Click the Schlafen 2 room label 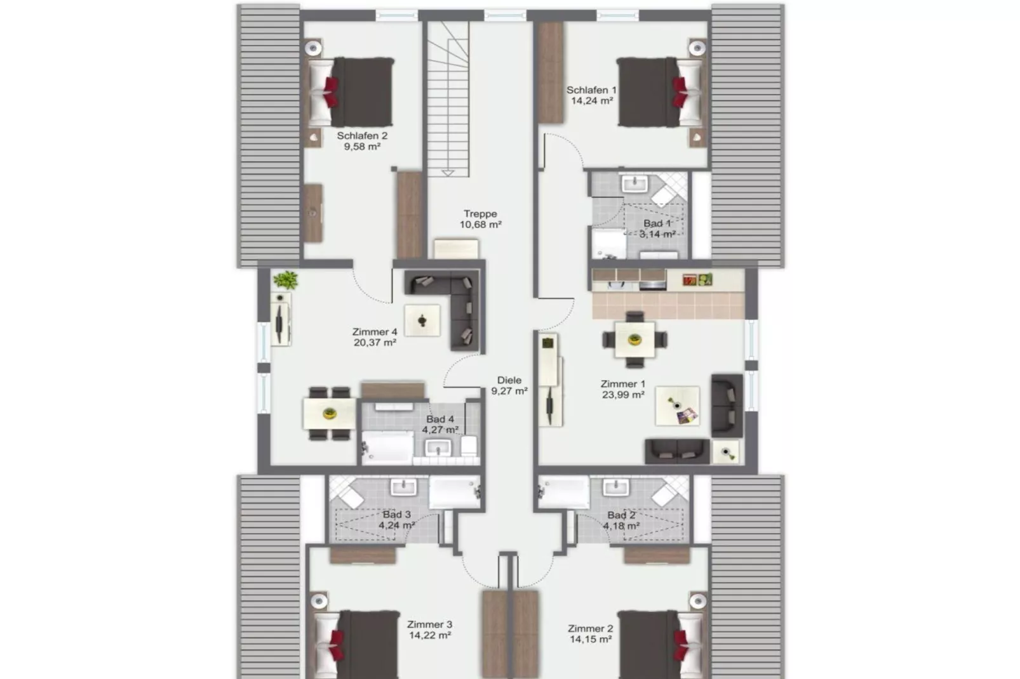[361, 136]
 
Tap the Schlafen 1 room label [591, 90]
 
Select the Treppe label [480, 214]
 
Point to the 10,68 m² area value [481, 225]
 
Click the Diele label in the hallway [509, 380]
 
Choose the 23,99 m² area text [623, 395]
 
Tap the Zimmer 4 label [375, 332]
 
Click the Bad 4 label [440, 419]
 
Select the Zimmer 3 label [430, 624]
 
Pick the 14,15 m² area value [591, 640]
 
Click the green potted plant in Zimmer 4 [286, 279]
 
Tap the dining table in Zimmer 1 [634, 339]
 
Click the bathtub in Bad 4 [387, 448]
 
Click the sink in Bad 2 [615, 487]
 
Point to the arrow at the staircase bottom [448, 172]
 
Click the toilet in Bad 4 [469, 445]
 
